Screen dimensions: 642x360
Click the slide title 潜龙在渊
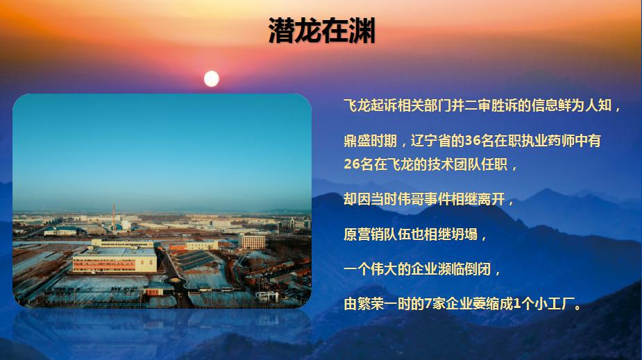322,31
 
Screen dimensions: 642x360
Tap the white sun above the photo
211,78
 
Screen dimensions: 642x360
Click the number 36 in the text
473,141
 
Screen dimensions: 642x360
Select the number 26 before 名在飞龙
352,164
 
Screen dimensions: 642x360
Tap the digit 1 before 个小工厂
517,304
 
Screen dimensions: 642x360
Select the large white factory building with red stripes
115,260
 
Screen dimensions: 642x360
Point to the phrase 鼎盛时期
370,141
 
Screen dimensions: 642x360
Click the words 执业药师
548,141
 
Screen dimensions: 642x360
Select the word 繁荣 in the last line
371,304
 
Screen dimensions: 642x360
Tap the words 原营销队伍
377,234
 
